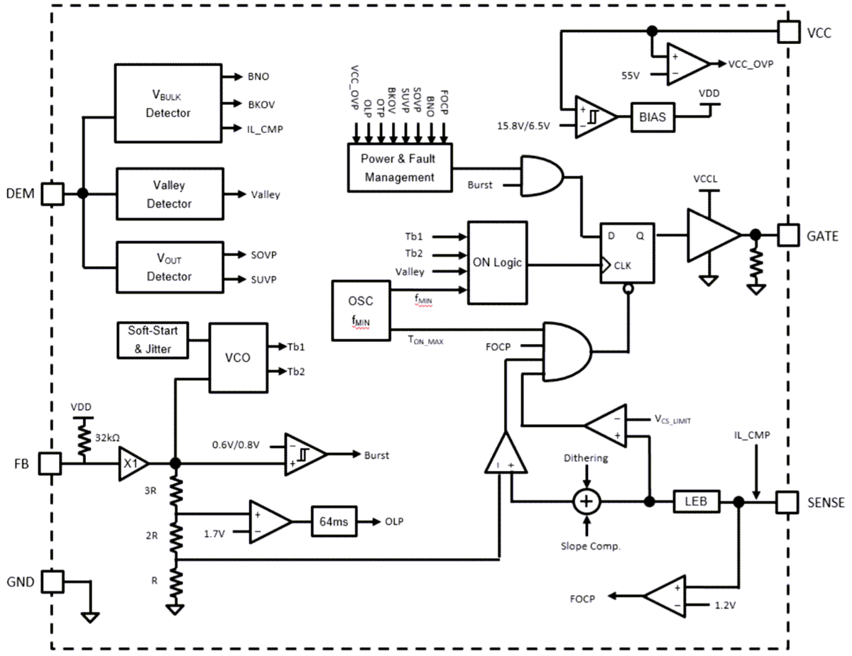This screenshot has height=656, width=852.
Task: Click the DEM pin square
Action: [53, 193]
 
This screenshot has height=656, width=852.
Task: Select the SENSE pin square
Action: [787, 501]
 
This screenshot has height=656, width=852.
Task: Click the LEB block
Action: [696, 501]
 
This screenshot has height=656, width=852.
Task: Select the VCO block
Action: [236, 358]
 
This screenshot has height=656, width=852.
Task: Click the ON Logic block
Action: [497, 262]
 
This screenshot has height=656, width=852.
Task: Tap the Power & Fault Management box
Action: [400, 167]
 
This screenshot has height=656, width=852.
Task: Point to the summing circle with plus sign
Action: [587, 501]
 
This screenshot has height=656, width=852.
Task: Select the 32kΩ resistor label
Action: [109, 438]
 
